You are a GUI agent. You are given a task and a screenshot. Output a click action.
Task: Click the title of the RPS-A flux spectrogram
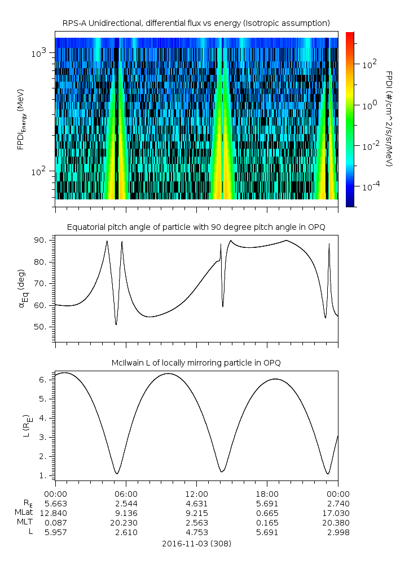click(x=196, y=23)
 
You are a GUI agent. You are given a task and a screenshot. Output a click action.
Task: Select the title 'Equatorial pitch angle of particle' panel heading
click(x=196, y=227)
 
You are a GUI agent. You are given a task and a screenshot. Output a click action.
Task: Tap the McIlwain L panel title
click(x=196, y=363)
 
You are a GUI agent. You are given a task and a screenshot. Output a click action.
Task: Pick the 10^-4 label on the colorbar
click(x=370, y=186)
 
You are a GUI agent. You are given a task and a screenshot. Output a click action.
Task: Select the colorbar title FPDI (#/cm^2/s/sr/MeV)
click(x=389, y=118)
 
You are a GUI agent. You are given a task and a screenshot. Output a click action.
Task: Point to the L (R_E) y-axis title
click(x=25, y=426)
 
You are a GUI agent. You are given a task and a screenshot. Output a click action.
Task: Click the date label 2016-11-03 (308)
click(x=196, y=544)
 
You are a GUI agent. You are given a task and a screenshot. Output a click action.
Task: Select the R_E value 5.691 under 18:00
click(x=267, y=504)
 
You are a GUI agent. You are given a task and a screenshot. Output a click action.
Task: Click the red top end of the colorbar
click(x=350, y=35)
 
